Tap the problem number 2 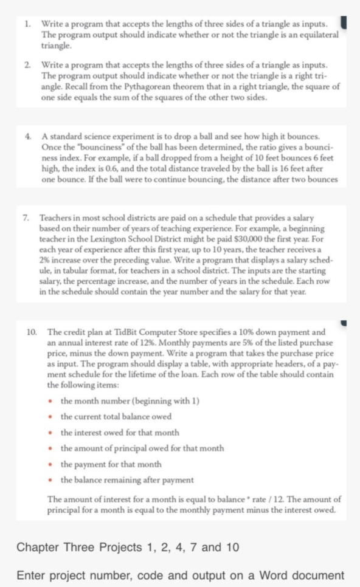click(27, 64)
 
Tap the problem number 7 click(26, 216)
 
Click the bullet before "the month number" click(52, 402)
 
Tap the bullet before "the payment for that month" click(52, 465)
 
